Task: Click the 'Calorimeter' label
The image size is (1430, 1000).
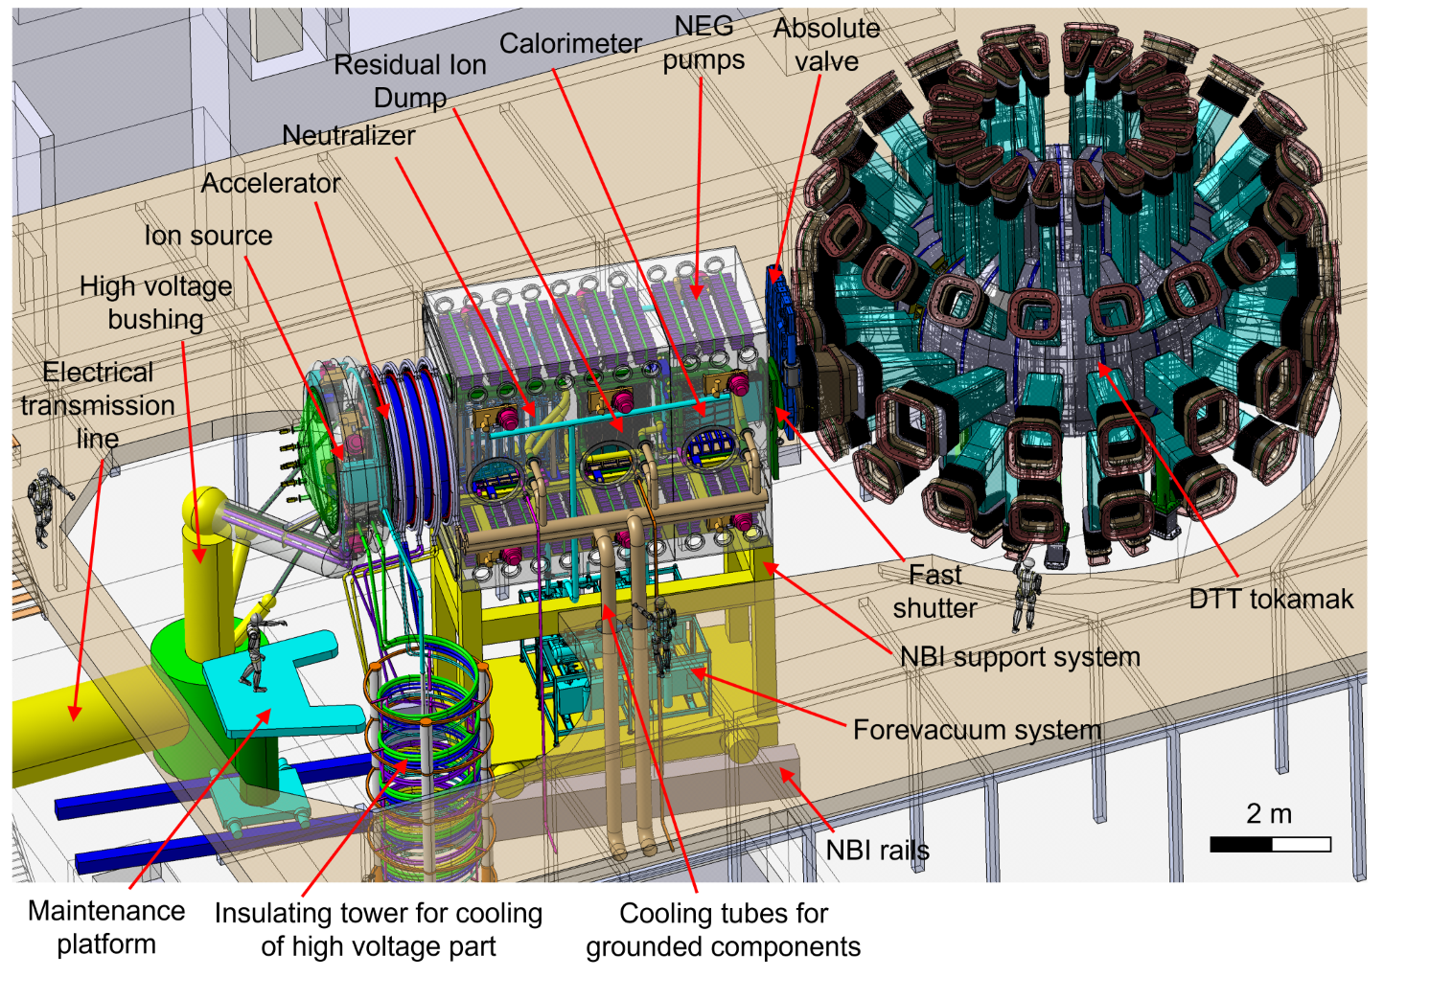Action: [x=570, y=44]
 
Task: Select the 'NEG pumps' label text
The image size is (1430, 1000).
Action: [x=703, y=43]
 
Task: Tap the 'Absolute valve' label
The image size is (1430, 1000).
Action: [x=826, y=45]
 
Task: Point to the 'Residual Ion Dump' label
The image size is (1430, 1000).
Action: [x=410, y=80]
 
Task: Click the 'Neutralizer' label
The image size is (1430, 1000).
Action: [x=348, y=136]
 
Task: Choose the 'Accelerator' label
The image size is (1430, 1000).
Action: [x=270, y=183]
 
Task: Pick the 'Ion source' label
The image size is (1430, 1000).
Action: [x=208, y=236]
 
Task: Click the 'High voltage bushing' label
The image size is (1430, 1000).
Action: [x=155, y=303]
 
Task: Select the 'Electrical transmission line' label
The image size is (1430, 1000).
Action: [x=98, y=405]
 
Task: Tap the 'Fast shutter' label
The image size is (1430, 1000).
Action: [x=934, y=591]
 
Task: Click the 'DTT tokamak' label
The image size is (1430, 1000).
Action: [x=1271, y=600]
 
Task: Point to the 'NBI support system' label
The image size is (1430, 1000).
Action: [x=1020, y=657]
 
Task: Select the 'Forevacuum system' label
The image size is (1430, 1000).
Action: [x=977, y=730]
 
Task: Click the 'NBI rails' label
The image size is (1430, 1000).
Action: [x=877, y=851]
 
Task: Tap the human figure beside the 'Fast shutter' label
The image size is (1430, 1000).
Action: [x=1026, y=594]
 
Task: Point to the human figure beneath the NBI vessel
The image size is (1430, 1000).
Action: [x=661, y=632]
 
